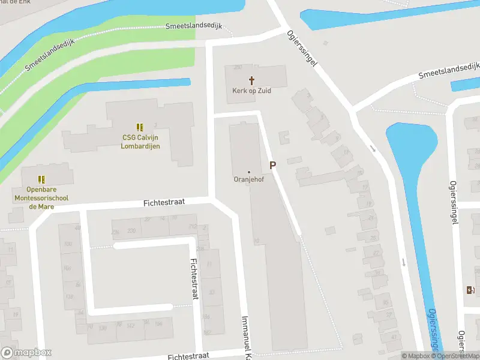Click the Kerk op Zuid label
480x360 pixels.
[x=251, y=91]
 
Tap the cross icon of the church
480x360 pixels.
[x=251, y=80]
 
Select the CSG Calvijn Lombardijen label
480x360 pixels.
[x=140, y=141]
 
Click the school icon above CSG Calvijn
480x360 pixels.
[x=140, y=127]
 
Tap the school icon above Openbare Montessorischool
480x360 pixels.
[x=41, y=179]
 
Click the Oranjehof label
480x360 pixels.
[x=249, y=179]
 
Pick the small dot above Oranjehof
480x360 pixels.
[x=249, y=172]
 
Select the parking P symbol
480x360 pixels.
[x=272, y=165]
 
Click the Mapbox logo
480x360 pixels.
[x=26, y=353]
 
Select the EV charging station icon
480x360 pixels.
[x=470, y=290]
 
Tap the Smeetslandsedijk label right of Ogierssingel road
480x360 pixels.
[x=449, y=70]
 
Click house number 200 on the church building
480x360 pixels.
[x=238, y=67]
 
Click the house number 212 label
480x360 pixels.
[x=192, y=226]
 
